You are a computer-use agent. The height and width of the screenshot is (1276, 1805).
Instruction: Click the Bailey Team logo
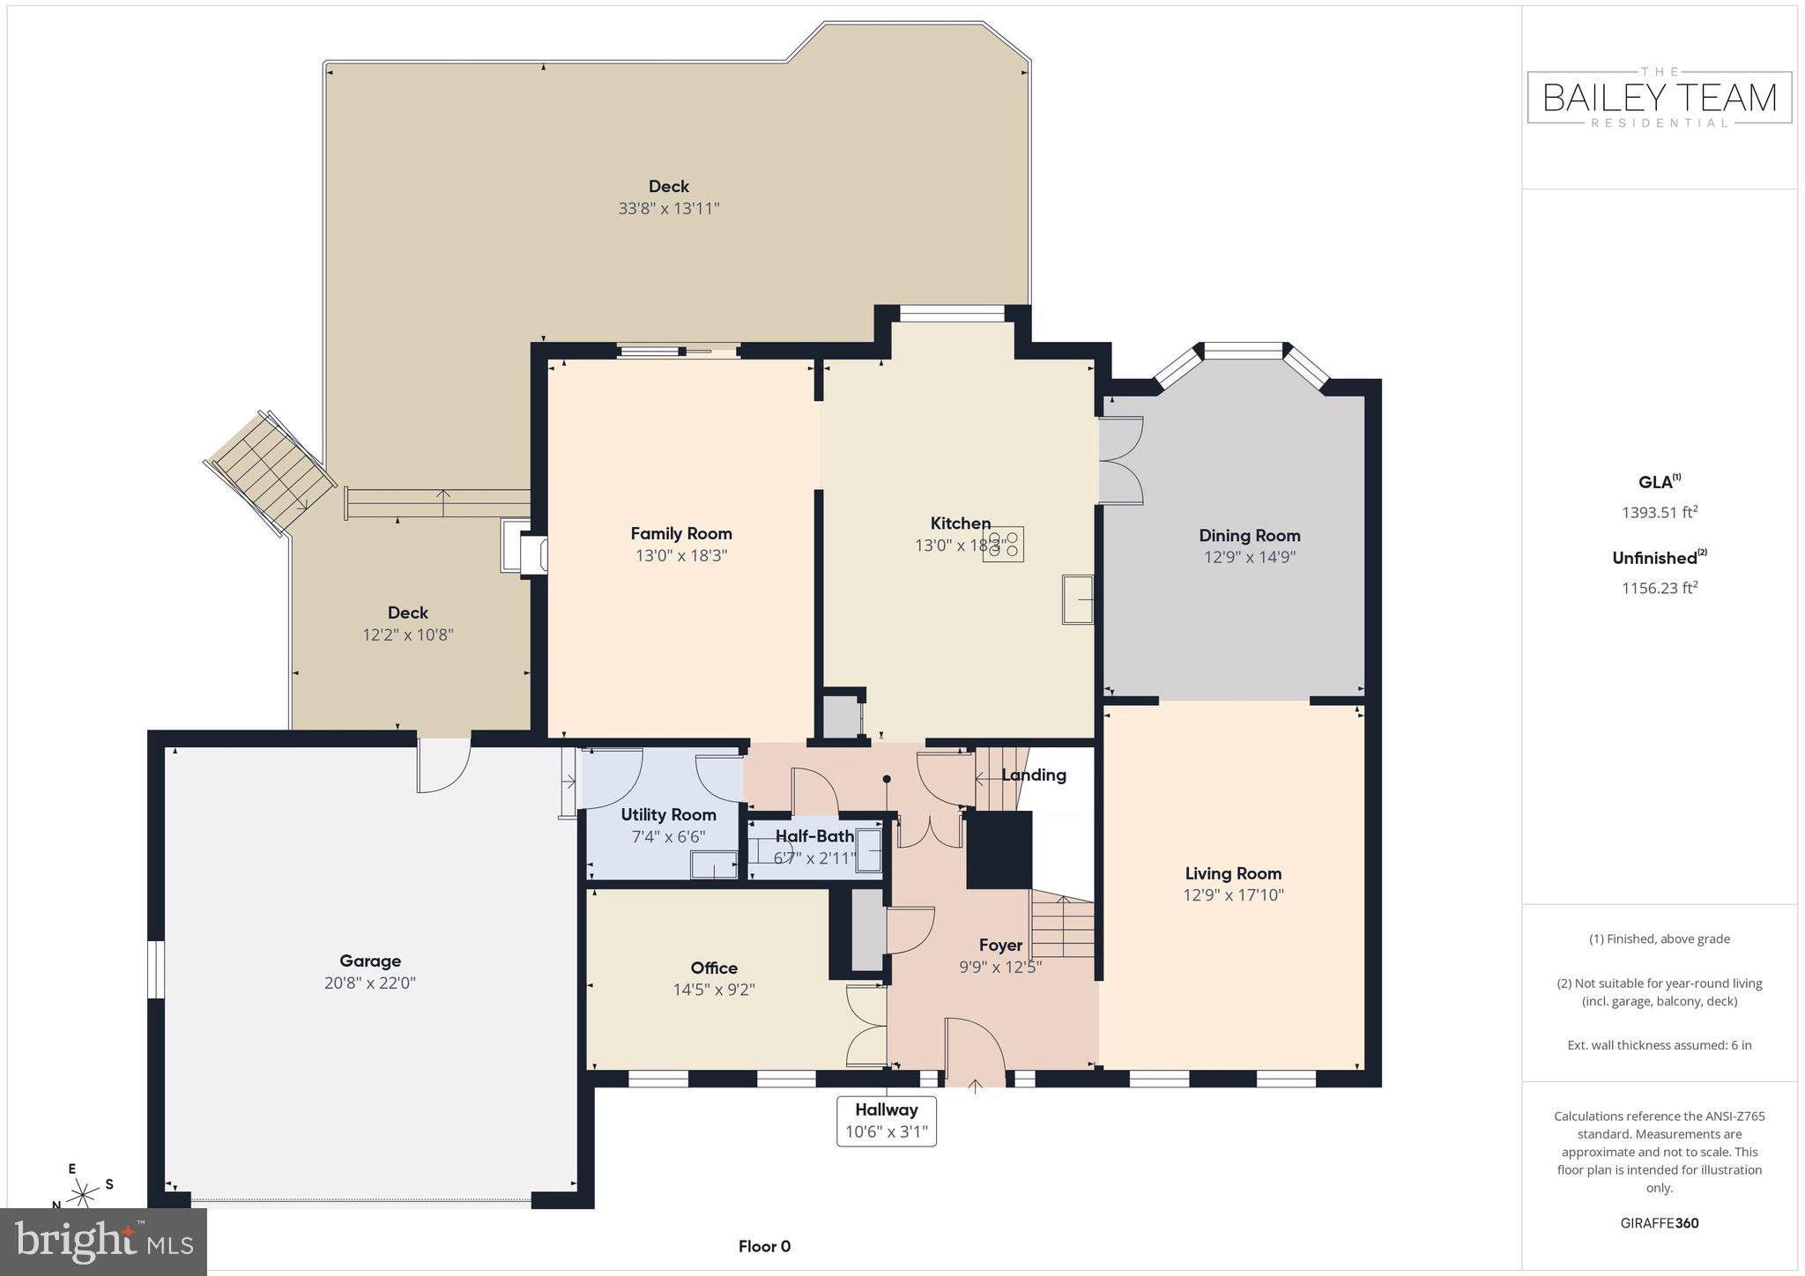click(1659, 97)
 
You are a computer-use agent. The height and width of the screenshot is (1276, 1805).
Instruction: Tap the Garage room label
click(370, 961)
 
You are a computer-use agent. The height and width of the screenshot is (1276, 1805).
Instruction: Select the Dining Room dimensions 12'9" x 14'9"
click(1249, 557)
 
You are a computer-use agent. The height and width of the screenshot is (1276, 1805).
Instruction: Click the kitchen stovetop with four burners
click(1005, 545)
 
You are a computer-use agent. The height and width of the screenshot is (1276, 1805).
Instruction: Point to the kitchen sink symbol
click(1077, 600)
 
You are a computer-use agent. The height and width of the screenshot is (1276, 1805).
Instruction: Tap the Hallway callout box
click(886, 1121)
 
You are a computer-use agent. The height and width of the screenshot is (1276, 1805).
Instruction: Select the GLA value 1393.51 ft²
click(1659, 512)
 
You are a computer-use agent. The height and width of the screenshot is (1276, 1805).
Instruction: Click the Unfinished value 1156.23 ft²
click(1659, 588)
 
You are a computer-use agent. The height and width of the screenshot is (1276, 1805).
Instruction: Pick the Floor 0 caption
click(764, 1246)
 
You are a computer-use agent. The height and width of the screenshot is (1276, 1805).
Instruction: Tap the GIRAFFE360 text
click(1659, 1223)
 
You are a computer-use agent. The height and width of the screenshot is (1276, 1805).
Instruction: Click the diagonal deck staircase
click(271, 474)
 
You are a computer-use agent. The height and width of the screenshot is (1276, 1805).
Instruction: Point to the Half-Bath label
click(814, 836)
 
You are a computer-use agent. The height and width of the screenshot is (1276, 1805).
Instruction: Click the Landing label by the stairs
click(1033, 775)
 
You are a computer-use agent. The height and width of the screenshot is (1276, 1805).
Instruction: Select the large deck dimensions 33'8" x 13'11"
click(669, 209)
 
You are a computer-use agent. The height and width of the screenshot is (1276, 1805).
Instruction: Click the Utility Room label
click(668, 814)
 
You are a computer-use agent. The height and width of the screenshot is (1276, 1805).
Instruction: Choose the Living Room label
click(1232, 873)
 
